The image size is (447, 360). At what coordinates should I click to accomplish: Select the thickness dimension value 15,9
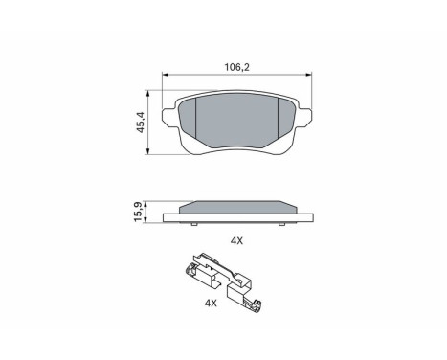point(140,212)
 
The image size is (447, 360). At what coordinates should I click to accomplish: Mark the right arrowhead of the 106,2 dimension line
point(306,78)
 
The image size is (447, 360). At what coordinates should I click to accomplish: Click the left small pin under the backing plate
point(194,224)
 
